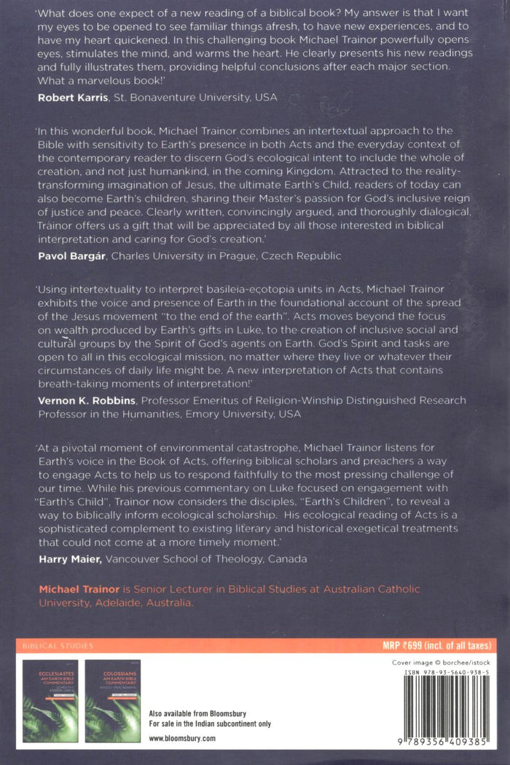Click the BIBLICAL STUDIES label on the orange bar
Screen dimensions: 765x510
[x=58, y=646]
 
